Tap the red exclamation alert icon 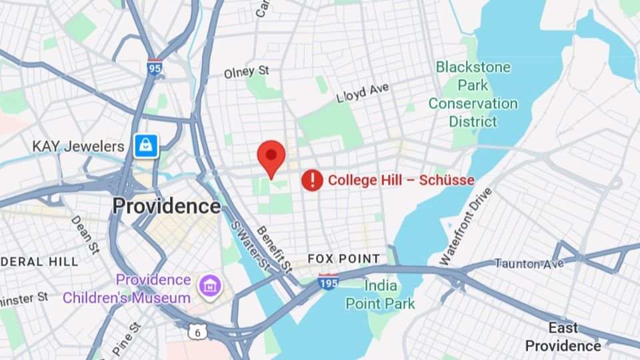point(312,180)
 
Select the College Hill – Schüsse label point(401,180)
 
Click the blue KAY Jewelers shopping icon point(146,145)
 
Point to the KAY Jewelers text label point(78,146)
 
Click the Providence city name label point(166,206)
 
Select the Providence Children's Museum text point(127,289)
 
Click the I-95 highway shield point(155,67)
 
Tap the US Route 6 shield point(196,331)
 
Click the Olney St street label point(246,71)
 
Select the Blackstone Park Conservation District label point(473,94)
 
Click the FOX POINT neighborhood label point(343,259)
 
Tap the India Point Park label point(380,295)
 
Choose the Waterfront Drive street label point(466,226)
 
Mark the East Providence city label point(563,337)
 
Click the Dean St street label point(85,234)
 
